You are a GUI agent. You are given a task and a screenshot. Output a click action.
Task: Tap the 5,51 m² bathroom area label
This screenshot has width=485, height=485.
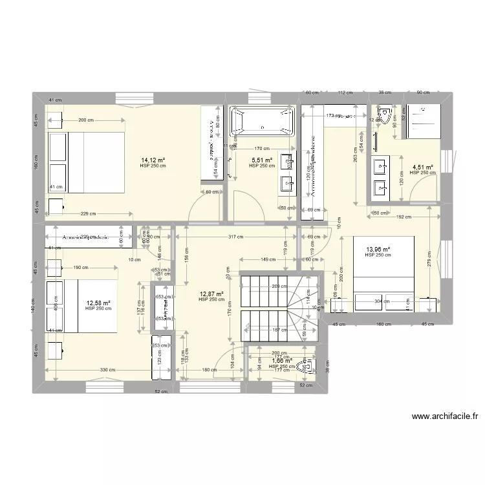(x=261, y=160)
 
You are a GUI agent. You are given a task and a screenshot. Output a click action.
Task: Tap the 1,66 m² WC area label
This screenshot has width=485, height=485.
(x=282, y=361)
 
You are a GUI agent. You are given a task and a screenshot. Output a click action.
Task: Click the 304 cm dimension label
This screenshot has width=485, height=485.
(x=383, y=301)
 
